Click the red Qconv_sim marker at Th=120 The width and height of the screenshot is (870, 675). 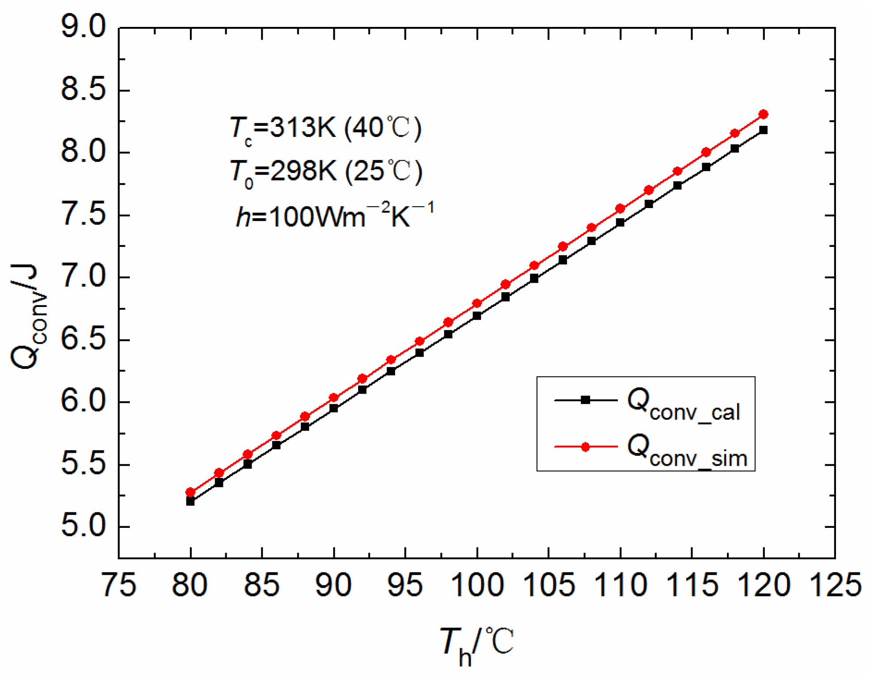(x=763, y=114)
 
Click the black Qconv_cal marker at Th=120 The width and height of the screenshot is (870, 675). (x=763, y=130)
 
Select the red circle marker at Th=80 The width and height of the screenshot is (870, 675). (x=190, y=492)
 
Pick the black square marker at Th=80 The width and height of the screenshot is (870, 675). (x=190, y=502)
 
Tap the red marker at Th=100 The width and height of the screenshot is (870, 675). (x=477, y=303)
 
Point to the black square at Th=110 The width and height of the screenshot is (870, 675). (x=620, y=223)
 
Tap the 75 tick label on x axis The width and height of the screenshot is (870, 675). (x=119, y=585)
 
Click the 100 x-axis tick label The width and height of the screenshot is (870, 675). (x=477, y=585)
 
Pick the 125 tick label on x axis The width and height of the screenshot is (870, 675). (x=835, y=585)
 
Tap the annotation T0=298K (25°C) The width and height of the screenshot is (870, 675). (x=325, y=172)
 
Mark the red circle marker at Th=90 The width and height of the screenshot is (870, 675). (x=333, y=398)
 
